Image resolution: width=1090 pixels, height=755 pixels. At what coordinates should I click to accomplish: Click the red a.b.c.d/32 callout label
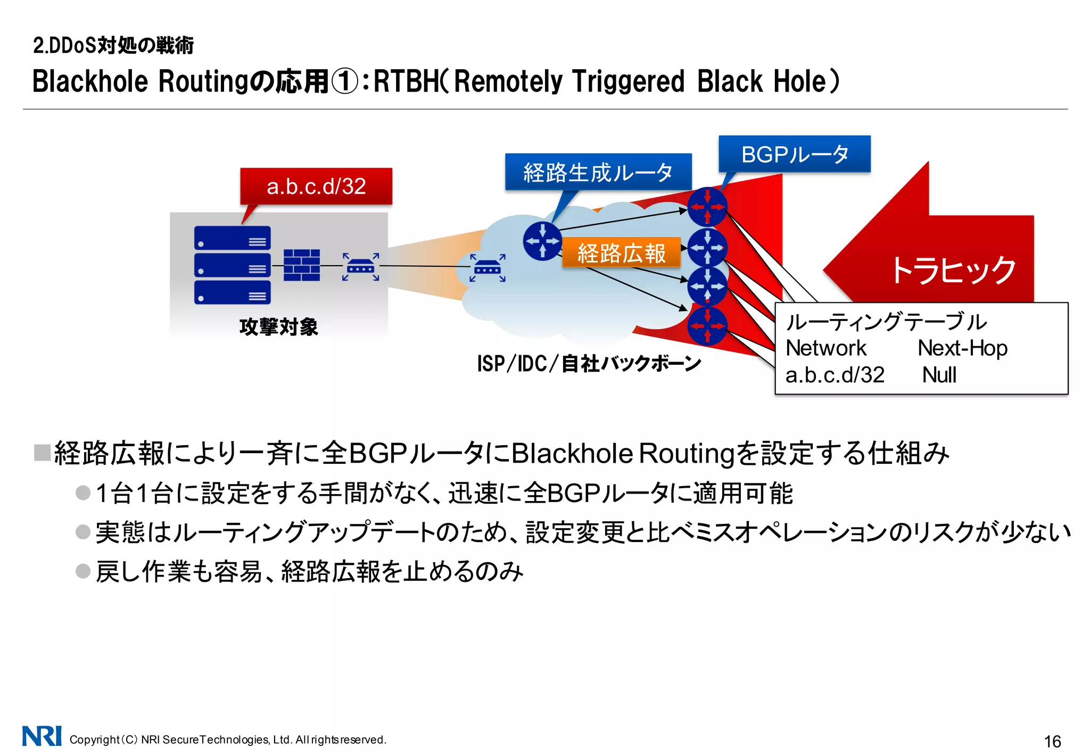(x=316, y=186)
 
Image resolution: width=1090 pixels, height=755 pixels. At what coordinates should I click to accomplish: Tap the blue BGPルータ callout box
(x=794, y=154)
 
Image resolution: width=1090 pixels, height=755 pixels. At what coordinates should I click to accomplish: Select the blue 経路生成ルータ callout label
(x=598, y=172)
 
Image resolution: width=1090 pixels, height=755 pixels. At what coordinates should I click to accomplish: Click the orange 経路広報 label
(x=621, y=252)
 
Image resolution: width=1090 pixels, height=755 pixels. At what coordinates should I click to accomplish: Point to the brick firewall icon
(x=301, y=265)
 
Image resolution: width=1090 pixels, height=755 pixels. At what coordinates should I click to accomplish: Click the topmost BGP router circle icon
(x=707, y=207)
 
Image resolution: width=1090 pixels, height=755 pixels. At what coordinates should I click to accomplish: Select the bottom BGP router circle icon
(x=707, y=326)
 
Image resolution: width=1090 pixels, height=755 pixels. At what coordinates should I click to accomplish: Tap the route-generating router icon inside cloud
(x=542, y=241)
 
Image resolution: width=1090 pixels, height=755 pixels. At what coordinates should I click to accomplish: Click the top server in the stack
(x=232, y=238)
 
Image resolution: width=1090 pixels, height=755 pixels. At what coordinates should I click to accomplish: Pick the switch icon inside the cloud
(x=487, y=268)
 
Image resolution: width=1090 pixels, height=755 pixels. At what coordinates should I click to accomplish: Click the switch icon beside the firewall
(x=360, y=266)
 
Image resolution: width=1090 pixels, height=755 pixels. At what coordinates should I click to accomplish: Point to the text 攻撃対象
(x=278, y=326)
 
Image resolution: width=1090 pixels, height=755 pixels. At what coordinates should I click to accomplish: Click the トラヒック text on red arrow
(x=953, y=270)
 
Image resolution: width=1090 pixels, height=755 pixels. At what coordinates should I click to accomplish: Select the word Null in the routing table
(x=939, y=375)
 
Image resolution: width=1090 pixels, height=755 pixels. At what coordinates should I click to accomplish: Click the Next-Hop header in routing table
(x=962, y=348)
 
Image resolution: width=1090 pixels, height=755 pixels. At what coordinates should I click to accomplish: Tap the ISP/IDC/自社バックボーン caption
(x=589, y=364)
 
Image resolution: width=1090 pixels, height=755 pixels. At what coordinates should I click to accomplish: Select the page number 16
(x=1052, y=741)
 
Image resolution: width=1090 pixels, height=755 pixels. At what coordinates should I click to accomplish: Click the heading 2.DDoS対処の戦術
(x=113, y=46)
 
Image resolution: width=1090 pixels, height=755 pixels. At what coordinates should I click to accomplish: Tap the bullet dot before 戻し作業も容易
(x=83, y=571)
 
